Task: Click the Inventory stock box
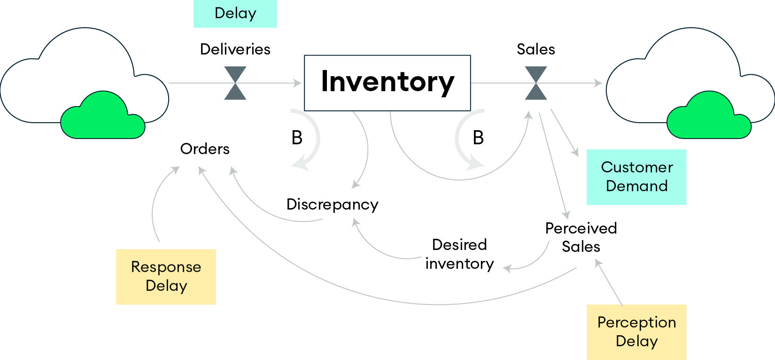point(387,83)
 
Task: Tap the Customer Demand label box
point(636,177)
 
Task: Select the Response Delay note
point(166,277)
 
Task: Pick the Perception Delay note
point(636,332)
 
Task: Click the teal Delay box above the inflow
point(235,13)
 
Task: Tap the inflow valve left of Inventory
point(235,83)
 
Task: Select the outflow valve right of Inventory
point(536,83)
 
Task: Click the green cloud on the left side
point(102,116)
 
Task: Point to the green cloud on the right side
point(709,116)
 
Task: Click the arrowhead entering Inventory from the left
point(298,83)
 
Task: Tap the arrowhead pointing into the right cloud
point(598,83)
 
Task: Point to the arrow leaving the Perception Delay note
point(609,282)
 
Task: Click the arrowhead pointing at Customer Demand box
point(575,152)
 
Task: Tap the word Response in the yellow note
point(166,267)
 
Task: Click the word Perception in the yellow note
point(636,322)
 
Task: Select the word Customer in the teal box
point(636,167)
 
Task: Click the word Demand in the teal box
point(636,186)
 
